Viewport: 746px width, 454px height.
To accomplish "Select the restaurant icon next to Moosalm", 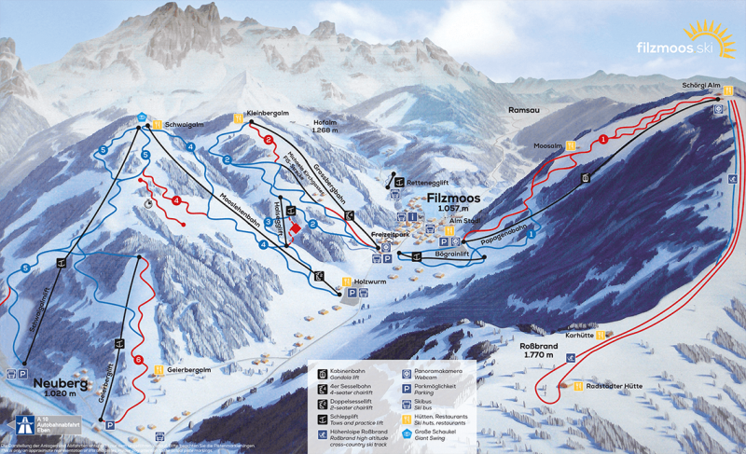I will (570, 146).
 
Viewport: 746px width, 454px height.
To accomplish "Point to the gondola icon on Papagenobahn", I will (586, 178).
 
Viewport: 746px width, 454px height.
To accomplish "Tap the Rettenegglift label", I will (430, 182).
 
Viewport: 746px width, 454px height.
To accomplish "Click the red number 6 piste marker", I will (138, 360).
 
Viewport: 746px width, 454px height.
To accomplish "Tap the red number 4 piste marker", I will (175, 199).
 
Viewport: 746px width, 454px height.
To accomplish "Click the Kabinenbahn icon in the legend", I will (323, 371).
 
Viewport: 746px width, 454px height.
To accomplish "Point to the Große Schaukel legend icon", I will (407, 434).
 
